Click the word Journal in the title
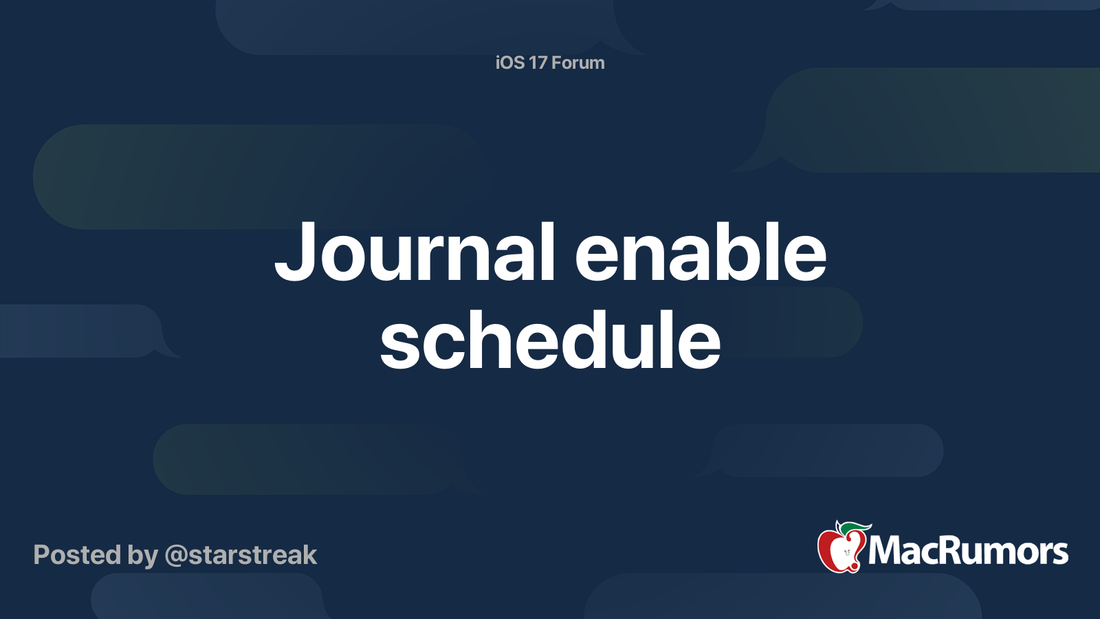tap(415, 252)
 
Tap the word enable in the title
tap(700, 252)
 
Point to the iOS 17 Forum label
tap(550, 63)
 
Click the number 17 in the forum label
tap(538, 63)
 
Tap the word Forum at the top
tap(578, 63)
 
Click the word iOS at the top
tap(510, 63)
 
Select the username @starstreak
tap(241, 555)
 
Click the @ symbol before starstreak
tap(176, 556)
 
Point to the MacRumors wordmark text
tap(968, 552)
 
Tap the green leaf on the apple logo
tap(857, 528)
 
